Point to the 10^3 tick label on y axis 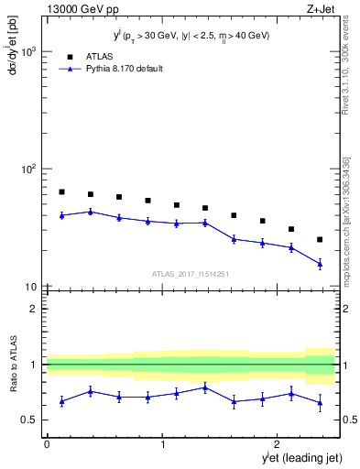27,52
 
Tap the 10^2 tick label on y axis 27,169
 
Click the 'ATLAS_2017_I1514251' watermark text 191,273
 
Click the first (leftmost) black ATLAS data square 61,192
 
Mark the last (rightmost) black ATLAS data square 320,239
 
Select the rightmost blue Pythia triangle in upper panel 320,264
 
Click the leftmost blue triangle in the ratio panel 61,401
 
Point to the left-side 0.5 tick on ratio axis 33,420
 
